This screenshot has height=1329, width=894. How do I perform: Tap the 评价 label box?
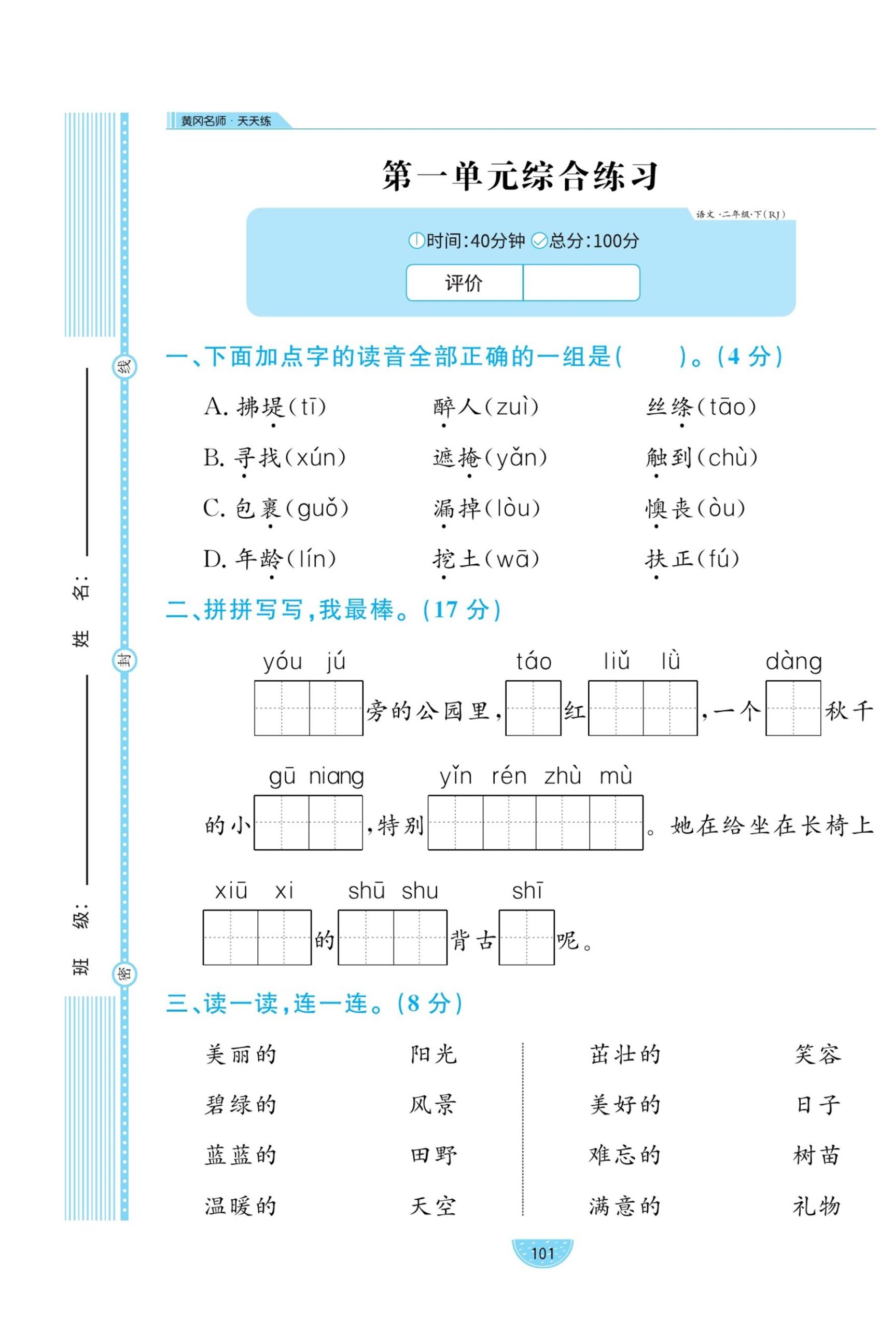(464, 282)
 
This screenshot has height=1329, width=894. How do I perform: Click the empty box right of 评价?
(581, 282)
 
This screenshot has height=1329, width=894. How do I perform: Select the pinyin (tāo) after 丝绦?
(733, 408)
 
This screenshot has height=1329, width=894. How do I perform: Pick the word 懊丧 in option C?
(668, 508)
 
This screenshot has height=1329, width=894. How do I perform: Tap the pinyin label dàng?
(793, 662)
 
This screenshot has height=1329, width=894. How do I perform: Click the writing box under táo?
(533, 708)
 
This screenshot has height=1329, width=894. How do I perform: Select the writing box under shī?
(526, 937)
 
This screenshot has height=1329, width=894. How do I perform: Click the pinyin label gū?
(282, 777)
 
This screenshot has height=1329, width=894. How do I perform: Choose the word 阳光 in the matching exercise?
(434, 1054)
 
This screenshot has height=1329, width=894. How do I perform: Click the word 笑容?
(818, 1054)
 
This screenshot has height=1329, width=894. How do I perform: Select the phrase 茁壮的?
(625, 1054)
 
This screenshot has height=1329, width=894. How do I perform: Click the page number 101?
(542, 1254)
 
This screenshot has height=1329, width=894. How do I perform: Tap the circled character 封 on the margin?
(124, 660)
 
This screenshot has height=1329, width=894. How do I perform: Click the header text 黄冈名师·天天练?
(226, 121)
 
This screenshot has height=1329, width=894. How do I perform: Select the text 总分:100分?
(593, 241)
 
